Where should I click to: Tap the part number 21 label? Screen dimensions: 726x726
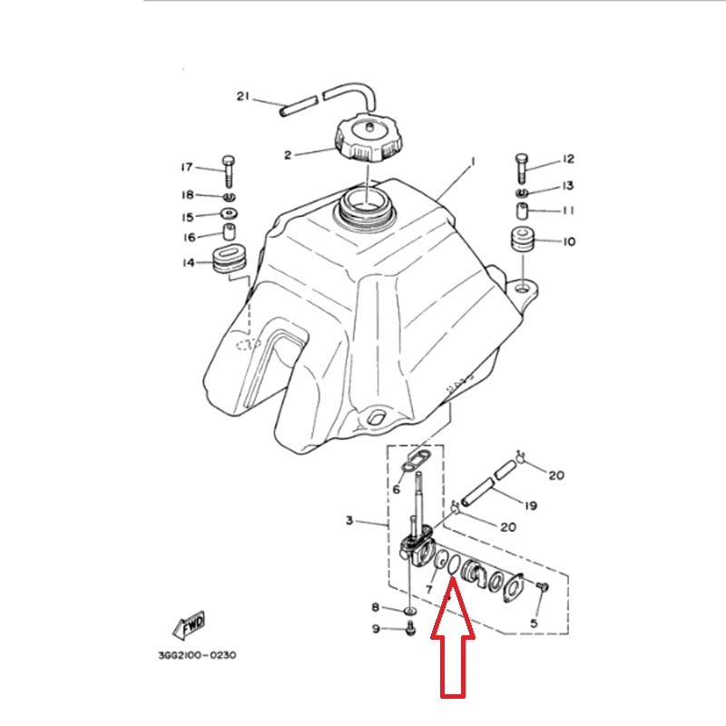tap(242, 96)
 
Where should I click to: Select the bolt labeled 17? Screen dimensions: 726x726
tap(229, 172)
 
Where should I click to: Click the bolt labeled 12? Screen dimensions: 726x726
tap(521, 168)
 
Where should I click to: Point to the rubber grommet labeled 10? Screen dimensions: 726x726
tap(523, 239)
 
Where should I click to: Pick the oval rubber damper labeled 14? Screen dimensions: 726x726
tap(229, 260)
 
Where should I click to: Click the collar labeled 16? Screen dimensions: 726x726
tap(230, 231)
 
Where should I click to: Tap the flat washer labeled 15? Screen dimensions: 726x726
tap(230, 213)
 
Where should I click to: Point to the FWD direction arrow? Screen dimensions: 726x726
tap(189, 625)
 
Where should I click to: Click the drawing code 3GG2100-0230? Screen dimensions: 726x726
tap(197, 655)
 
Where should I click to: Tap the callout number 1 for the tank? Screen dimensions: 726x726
tap(473, 162)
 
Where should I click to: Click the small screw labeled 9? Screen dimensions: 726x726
tap(410, 628)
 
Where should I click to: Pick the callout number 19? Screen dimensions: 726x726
tap(531, 505)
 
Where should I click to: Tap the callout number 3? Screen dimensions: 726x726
tap(349, 520)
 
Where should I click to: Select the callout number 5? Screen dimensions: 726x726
tap(534, 623)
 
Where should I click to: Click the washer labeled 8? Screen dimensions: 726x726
tap(410, 612)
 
